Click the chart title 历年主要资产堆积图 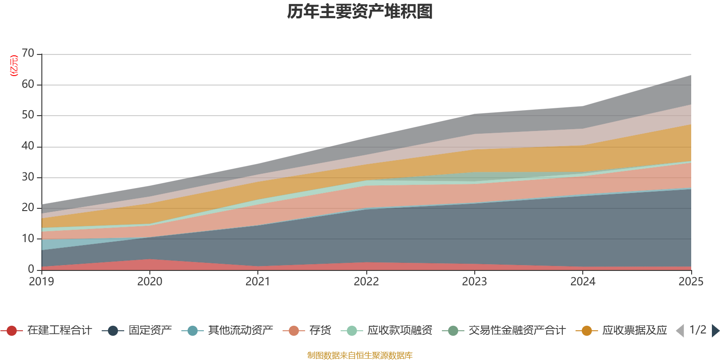[x=360, y=12]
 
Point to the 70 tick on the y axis [x=28, y=54]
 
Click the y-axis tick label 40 [x=28, y=146]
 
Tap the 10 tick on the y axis [x=28, y=238]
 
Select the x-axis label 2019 [x=41, y=282]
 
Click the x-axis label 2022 [x=366, y=282]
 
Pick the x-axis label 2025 [x=690, y=282]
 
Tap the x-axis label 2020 [x=150, y=282]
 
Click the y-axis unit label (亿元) [x=14, y=66]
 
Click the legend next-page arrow [x=715, y=331]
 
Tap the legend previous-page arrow [x=680, y=331]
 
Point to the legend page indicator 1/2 [x=698, y=330]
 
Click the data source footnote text [x=360, y=355]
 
